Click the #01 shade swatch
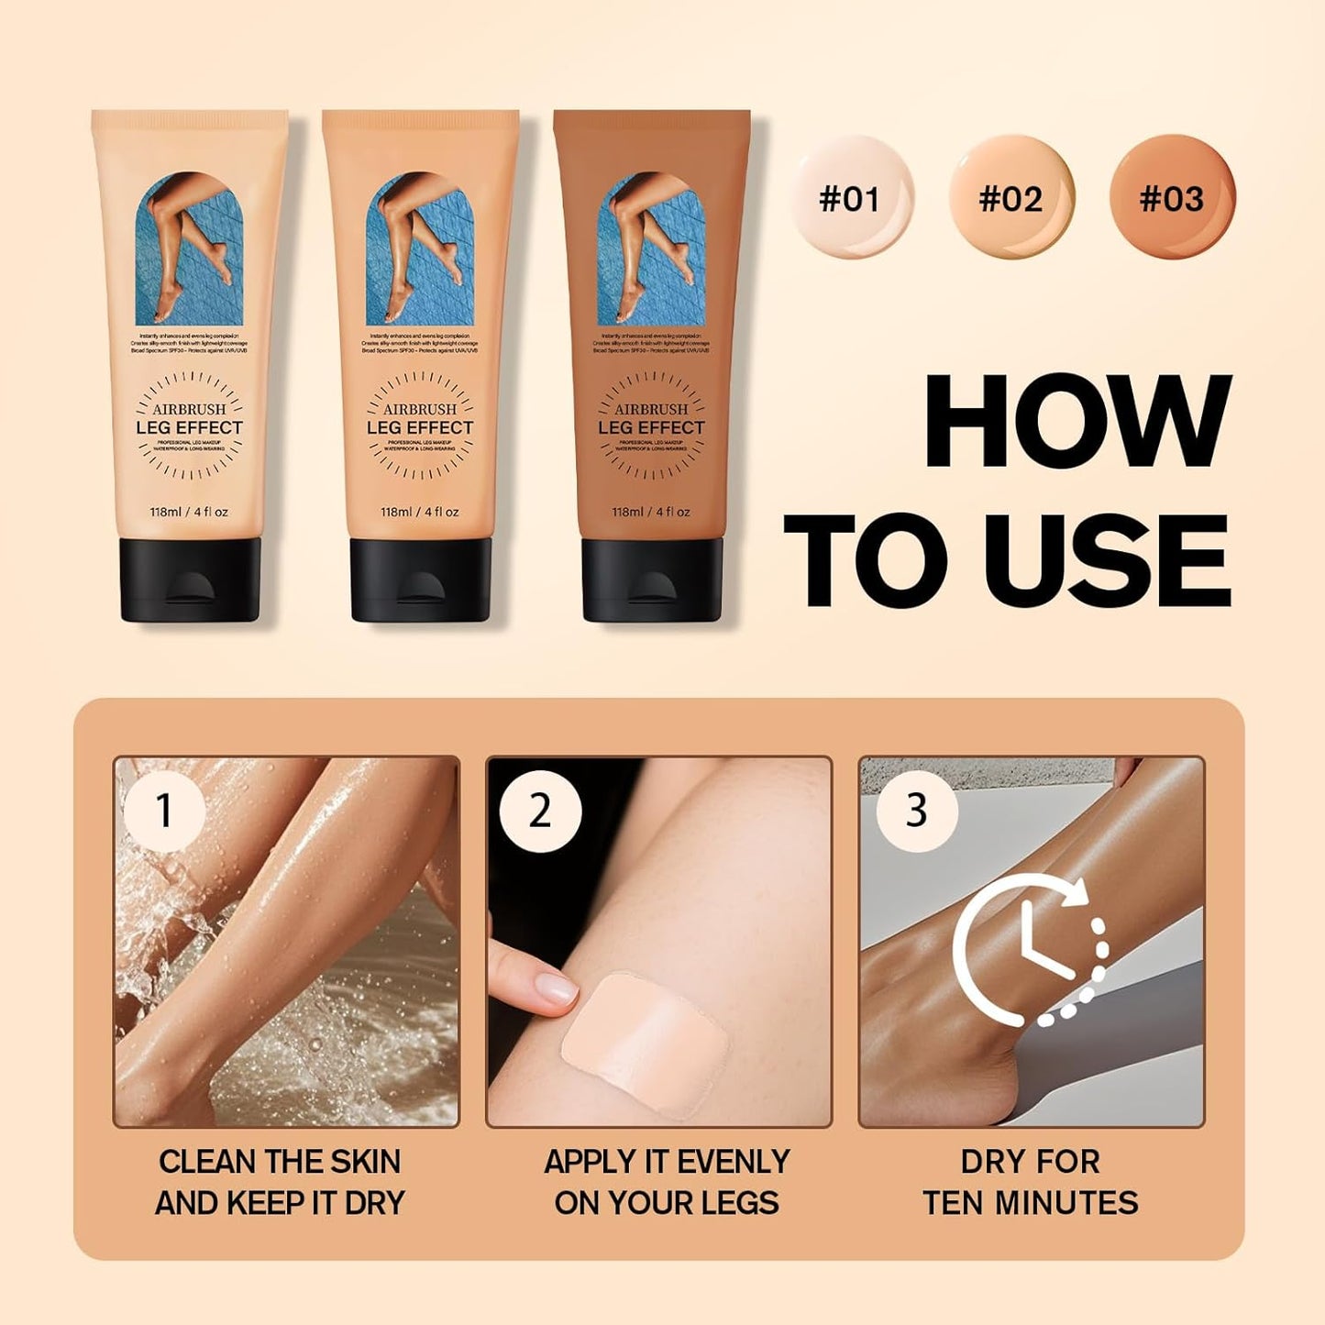tap(850, 198)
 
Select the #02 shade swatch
tap(1010, 198)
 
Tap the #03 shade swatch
tap(1172, 198)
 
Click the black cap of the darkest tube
tap(651, 580)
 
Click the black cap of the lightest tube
tap(190, 580)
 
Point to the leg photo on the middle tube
tap(420, 248)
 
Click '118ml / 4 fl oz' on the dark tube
tap(651, 512)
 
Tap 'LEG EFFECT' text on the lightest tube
tap(190, 428)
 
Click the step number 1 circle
tap(164, 811)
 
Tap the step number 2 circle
tap(540, 811)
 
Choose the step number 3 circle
tap(916, 811)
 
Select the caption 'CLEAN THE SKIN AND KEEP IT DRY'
tap(280, 1182)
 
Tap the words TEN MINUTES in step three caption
tap(1031, 1202)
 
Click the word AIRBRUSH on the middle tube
tap(420, 409)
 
